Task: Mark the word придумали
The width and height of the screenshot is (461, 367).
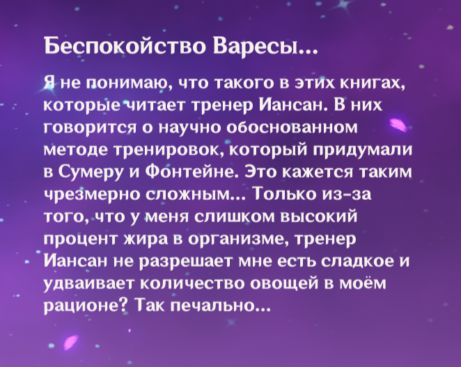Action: pyautogui.click(x=362, y=150)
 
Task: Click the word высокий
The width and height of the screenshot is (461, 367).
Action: pyautogui.click(x=319, y=216)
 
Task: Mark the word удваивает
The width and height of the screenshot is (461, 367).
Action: pyautogui.click(x=89, y=283)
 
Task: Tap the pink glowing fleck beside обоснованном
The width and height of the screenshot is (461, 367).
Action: pyautogui.click(x=398, y=125)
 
